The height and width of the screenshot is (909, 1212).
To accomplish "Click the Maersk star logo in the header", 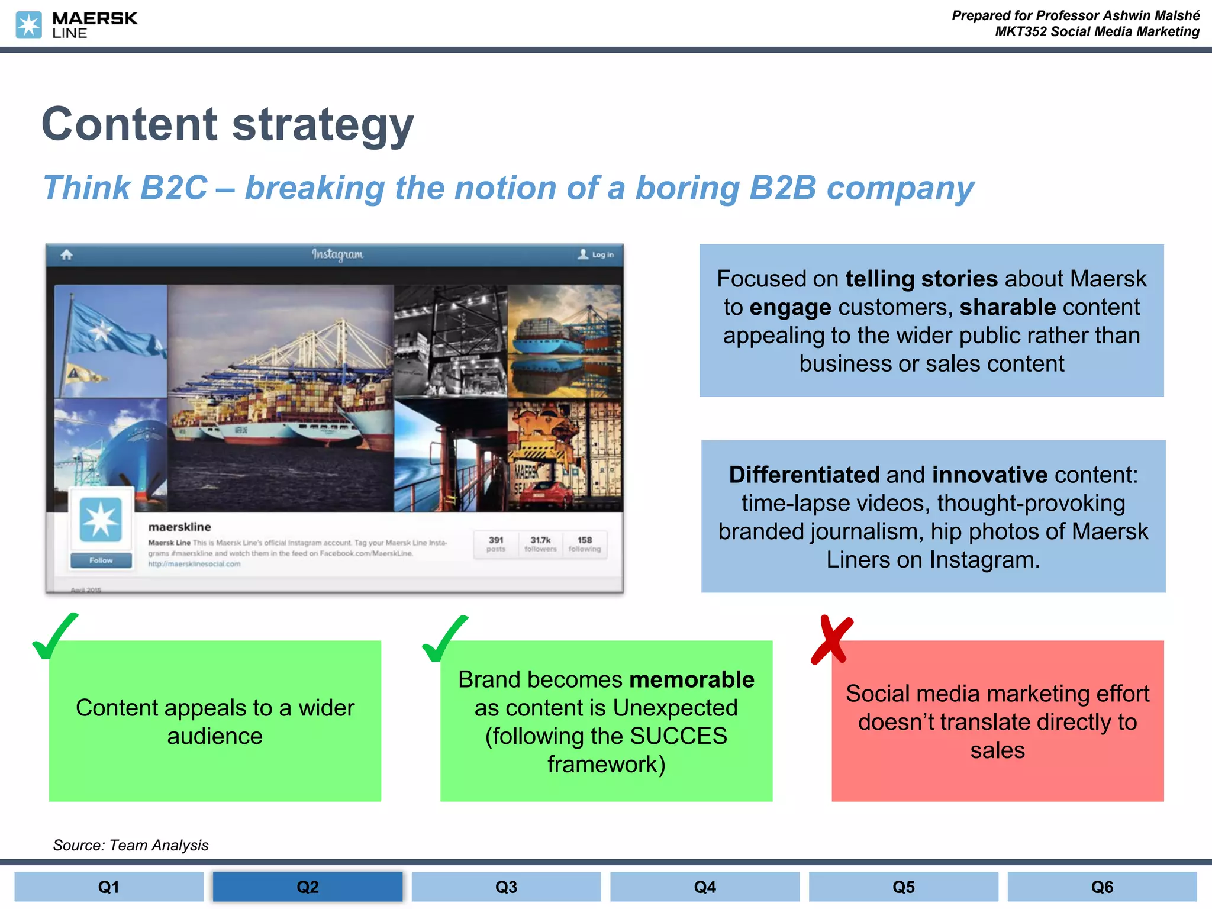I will (28, 25).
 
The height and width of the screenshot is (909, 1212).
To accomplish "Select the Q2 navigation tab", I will (307, 887).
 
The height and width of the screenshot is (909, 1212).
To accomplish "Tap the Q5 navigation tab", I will (903, 887).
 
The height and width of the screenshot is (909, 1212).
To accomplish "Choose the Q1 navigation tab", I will (109, 887).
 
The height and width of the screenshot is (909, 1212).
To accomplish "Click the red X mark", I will (832, 640).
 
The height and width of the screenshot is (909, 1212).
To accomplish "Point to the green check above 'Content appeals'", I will (54, 637).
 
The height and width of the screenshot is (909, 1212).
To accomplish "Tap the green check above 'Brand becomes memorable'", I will (444, 639).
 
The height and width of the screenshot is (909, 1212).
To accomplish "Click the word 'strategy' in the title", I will (323, 125).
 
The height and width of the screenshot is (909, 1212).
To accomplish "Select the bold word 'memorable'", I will (692, 679).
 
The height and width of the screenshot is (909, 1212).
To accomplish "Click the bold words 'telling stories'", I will (921, 279).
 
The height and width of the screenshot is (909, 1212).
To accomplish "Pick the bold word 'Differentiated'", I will (804, 475).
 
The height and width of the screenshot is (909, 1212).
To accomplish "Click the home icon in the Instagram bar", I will (67, 254).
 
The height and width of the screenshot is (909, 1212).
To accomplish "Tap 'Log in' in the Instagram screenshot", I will (602, 254).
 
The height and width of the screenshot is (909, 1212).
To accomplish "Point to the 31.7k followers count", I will (540, 543).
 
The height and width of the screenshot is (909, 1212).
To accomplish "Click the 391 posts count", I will (496, 543).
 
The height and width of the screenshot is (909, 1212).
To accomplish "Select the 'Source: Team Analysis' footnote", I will (131, 845).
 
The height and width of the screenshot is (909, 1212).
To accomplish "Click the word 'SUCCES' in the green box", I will (678, 736).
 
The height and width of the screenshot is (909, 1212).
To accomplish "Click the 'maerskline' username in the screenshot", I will (179, 527).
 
